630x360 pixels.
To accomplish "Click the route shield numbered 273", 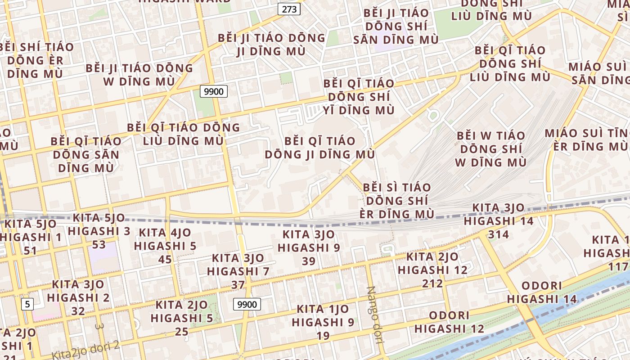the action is tap(288, 9).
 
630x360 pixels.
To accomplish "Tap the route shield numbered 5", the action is tap(27, 304).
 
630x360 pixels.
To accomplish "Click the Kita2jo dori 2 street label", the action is tap(85, 350).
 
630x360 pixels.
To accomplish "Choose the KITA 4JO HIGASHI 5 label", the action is tap(165, 239).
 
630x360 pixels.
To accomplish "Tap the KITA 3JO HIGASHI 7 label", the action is tap(238, 265).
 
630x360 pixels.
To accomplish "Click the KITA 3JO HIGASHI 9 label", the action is tap(309, 241).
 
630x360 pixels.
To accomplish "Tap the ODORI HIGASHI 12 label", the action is tap(449, 322).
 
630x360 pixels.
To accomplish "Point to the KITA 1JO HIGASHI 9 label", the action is tap(323, 316).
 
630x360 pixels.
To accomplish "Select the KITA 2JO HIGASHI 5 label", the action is tap(182, 312).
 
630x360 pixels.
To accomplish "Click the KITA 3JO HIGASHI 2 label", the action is tap(78, 291).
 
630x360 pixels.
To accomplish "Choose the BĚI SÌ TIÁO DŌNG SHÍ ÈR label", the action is tap(397, 200).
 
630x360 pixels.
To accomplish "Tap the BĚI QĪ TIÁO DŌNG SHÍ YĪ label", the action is tap(359, 97).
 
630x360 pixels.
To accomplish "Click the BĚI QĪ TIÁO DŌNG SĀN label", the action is tap(86, 154).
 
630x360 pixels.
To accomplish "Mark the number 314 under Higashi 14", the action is tap(499, 234).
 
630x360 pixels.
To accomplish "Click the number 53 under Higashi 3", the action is tap(99, 244).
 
